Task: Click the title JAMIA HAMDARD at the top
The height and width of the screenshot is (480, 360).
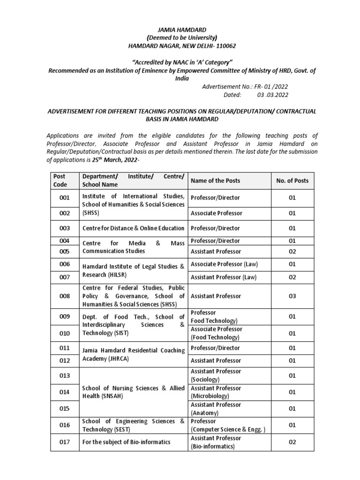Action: click(180, 30)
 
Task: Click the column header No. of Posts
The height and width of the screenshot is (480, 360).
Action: click(292, 180)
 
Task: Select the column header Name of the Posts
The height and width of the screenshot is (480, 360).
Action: click(215, 180)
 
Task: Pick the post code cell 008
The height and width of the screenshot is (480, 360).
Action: click(65, 296)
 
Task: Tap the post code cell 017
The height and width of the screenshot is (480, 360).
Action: click(65, 442)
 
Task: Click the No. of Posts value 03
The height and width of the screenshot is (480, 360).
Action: click(292, 296)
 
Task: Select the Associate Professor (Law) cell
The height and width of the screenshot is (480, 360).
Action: click(224, 264)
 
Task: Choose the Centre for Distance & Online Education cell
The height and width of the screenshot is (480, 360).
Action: click(133, 228)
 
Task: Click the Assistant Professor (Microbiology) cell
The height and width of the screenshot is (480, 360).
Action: click(216, 392)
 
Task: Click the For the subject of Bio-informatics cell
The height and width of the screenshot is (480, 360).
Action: click(127, 442)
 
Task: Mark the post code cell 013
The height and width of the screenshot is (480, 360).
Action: click(65, 375)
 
